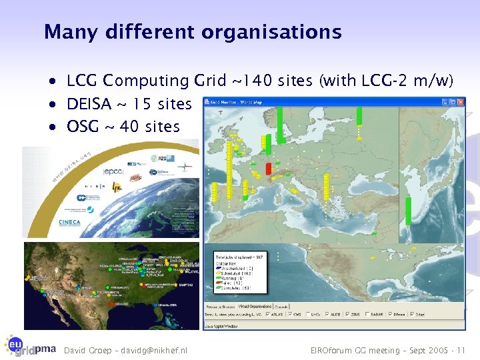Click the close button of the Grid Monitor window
460,102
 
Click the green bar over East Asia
407,207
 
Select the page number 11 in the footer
461,350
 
